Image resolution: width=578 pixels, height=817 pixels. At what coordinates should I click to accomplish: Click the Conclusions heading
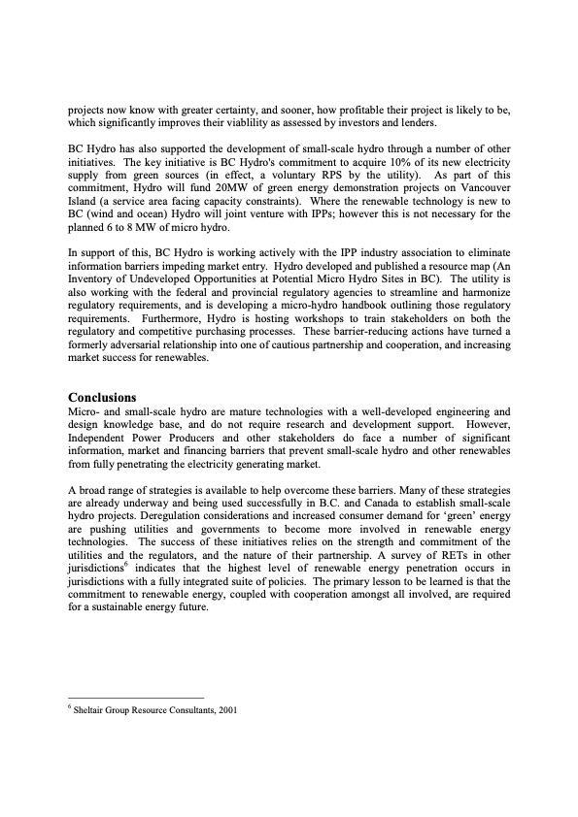point(102,397)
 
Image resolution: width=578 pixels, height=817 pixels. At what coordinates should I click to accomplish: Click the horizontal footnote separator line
point(136,697)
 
